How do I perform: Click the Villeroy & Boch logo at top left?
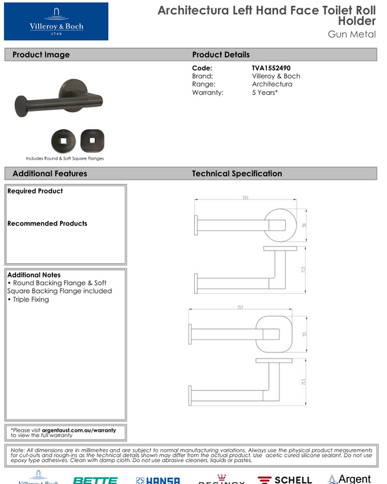pos(56,21)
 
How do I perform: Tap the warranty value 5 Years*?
pos(265,93)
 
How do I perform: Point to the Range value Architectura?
pos(272,85)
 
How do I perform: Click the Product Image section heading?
pos(41,55)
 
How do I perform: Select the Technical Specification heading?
pos(237,174)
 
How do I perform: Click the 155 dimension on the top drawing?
pos(246,197)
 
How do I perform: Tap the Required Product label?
pos(35,191)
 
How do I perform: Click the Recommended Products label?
pos(47,223)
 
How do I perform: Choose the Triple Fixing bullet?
pos(30,299)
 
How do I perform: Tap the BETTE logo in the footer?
pos(95,480)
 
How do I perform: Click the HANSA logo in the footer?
pos(158,480)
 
